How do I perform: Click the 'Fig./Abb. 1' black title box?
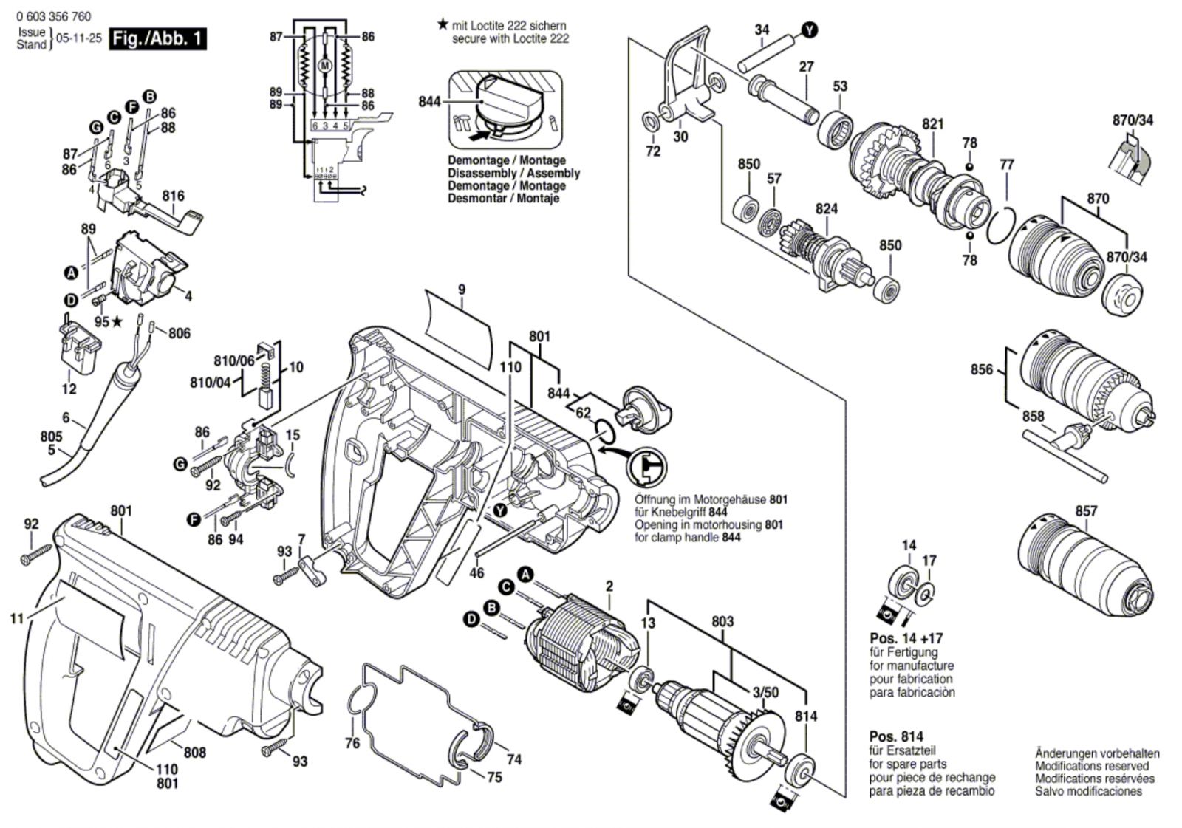pyautogui.click(x=157, y=39)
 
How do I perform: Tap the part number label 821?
pyautogui.click(x=933, y=124)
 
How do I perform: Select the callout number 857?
pyautogui.click(x=1086, y=511)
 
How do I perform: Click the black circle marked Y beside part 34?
pyautogui.click(x=809, y=30)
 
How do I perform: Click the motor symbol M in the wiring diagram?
pyautogui.click(x=325, y=66)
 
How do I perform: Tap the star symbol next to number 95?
pyautogui.click(x=117, y=321)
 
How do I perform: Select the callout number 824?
pyautogui.click(x=827, y=209)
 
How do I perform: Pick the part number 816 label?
pyautogui.click(x=173, y=196)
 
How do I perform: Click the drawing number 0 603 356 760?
pyautogui.click(x=53, y=16)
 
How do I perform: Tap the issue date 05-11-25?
pyautogui.click(x=78, y=38)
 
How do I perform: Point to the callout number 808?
pyautogui.click(x=195, y=753)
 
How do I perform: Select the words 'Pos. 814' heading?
pyautogui.click(x=896, y=736)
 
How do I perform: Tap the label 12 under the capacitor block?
pyautogui.click(x=69, y=389)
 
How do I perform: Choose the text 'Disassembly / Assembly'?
pyautogui.click(x=513, y=173)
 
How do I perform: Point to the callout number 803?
pyautogui.click(x=722, y=621)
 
